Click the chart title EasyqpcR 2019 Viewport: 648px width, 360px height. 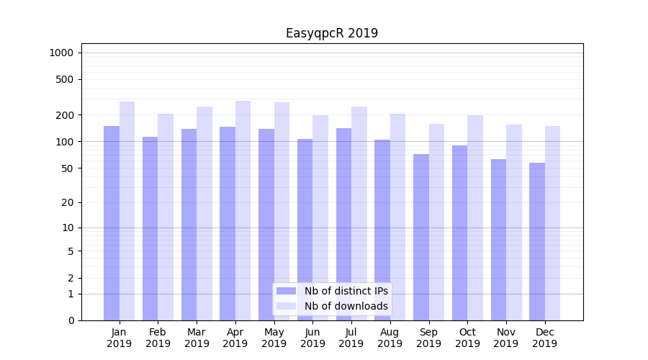click(331, 33)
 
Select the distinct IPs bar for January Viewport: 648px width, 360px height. click(112, 223)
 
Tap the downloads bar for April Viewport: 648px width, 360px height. click(243, 210)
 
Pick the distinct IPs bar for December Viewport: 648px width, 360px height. click(537, 241)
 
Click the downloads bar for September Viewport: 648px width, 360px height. click(436, 222)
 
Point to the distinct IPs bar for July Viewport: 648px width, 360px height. click(343, 224)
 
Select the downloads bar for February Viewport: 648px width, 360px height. click(166, 217)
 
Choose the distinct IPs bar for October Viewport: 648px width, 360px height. click(460, 233)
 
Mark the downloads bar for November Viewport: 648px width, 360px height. click(514, 222)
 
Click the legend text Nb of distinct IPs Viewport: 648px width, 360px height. click(346, 291)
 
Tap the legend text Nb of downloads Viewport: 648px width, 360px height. click(346, 306)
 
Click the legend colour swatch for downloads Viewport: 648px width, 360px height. click(286, 306)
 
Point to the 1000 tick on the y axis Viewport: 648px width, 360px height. click(61, 53)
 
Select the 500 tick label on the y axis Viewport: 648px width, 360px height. click(65, 79)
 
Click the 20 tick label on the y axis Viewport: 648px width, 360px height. click(68, 202)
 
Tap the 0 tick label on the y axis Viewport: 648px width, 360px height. click(71, 320)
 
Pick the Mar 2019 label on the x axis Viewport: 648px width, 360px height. click(197, 338)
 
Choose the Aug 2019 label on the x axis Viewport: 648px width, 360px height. click(390, 338)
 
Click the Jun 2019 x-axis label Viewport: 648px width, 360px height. click(312, 338)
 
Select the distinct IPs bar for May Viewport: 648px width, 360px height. click(266, 225)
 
